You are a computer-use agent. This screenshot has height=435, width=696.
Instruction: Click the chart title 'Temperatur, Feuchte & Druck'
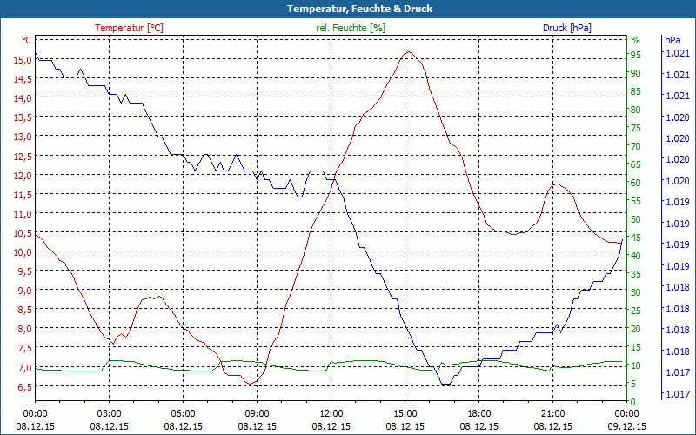[348, 9]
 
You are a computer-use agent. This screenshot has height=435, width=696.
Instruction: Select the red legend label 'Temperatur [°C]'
[129, 28]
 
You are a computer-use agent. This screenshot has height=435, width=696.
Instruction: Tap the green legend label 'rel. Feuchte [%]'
[350, 28]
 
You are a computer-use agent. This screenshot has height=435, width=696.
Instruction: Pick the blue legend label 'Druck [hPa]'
[566, 28]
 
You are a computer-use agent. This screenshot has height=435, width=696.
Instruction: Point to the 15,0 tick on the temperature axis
[18, 60]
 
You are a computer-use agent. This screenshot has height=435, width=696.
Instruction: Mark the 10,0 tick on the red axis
[18, 252]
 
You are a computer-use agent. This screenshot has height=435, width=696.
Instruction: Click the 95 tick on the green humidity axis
[635, 55]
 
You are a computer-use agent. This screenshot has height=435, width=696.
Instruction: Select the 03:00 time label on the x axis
[109, 413]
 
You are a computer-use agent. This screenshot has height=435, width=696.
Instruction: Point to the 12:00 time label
[331, 413]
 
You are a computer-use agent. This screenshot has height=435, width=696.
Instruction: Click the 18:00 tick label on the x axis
[478, 413]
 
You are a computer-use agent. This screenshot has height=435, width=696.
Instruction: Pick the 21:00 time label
[552, 413]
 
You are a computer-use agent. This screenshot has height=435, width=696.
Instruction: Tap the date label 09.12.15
[626, 426]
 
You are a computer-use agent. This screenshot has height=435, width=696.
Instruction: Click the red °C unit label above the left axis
[26, 40]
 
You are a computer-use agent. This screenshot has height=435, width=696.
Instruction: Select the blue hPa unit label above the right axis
[673, 40]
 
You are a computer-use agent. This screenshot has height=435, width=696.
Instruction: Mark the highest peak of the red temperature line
[407, 51]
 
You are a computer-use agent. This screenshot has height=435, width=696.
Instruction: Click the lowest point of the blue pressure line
[445, 384]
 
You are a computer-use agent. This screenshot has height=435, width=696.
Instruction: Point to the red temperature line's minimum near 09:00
[250, 384]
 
